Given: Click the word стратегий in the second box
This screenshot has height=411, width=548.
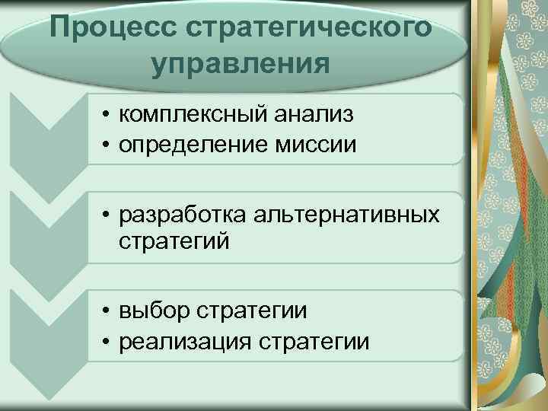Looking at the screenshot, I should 174,241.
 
